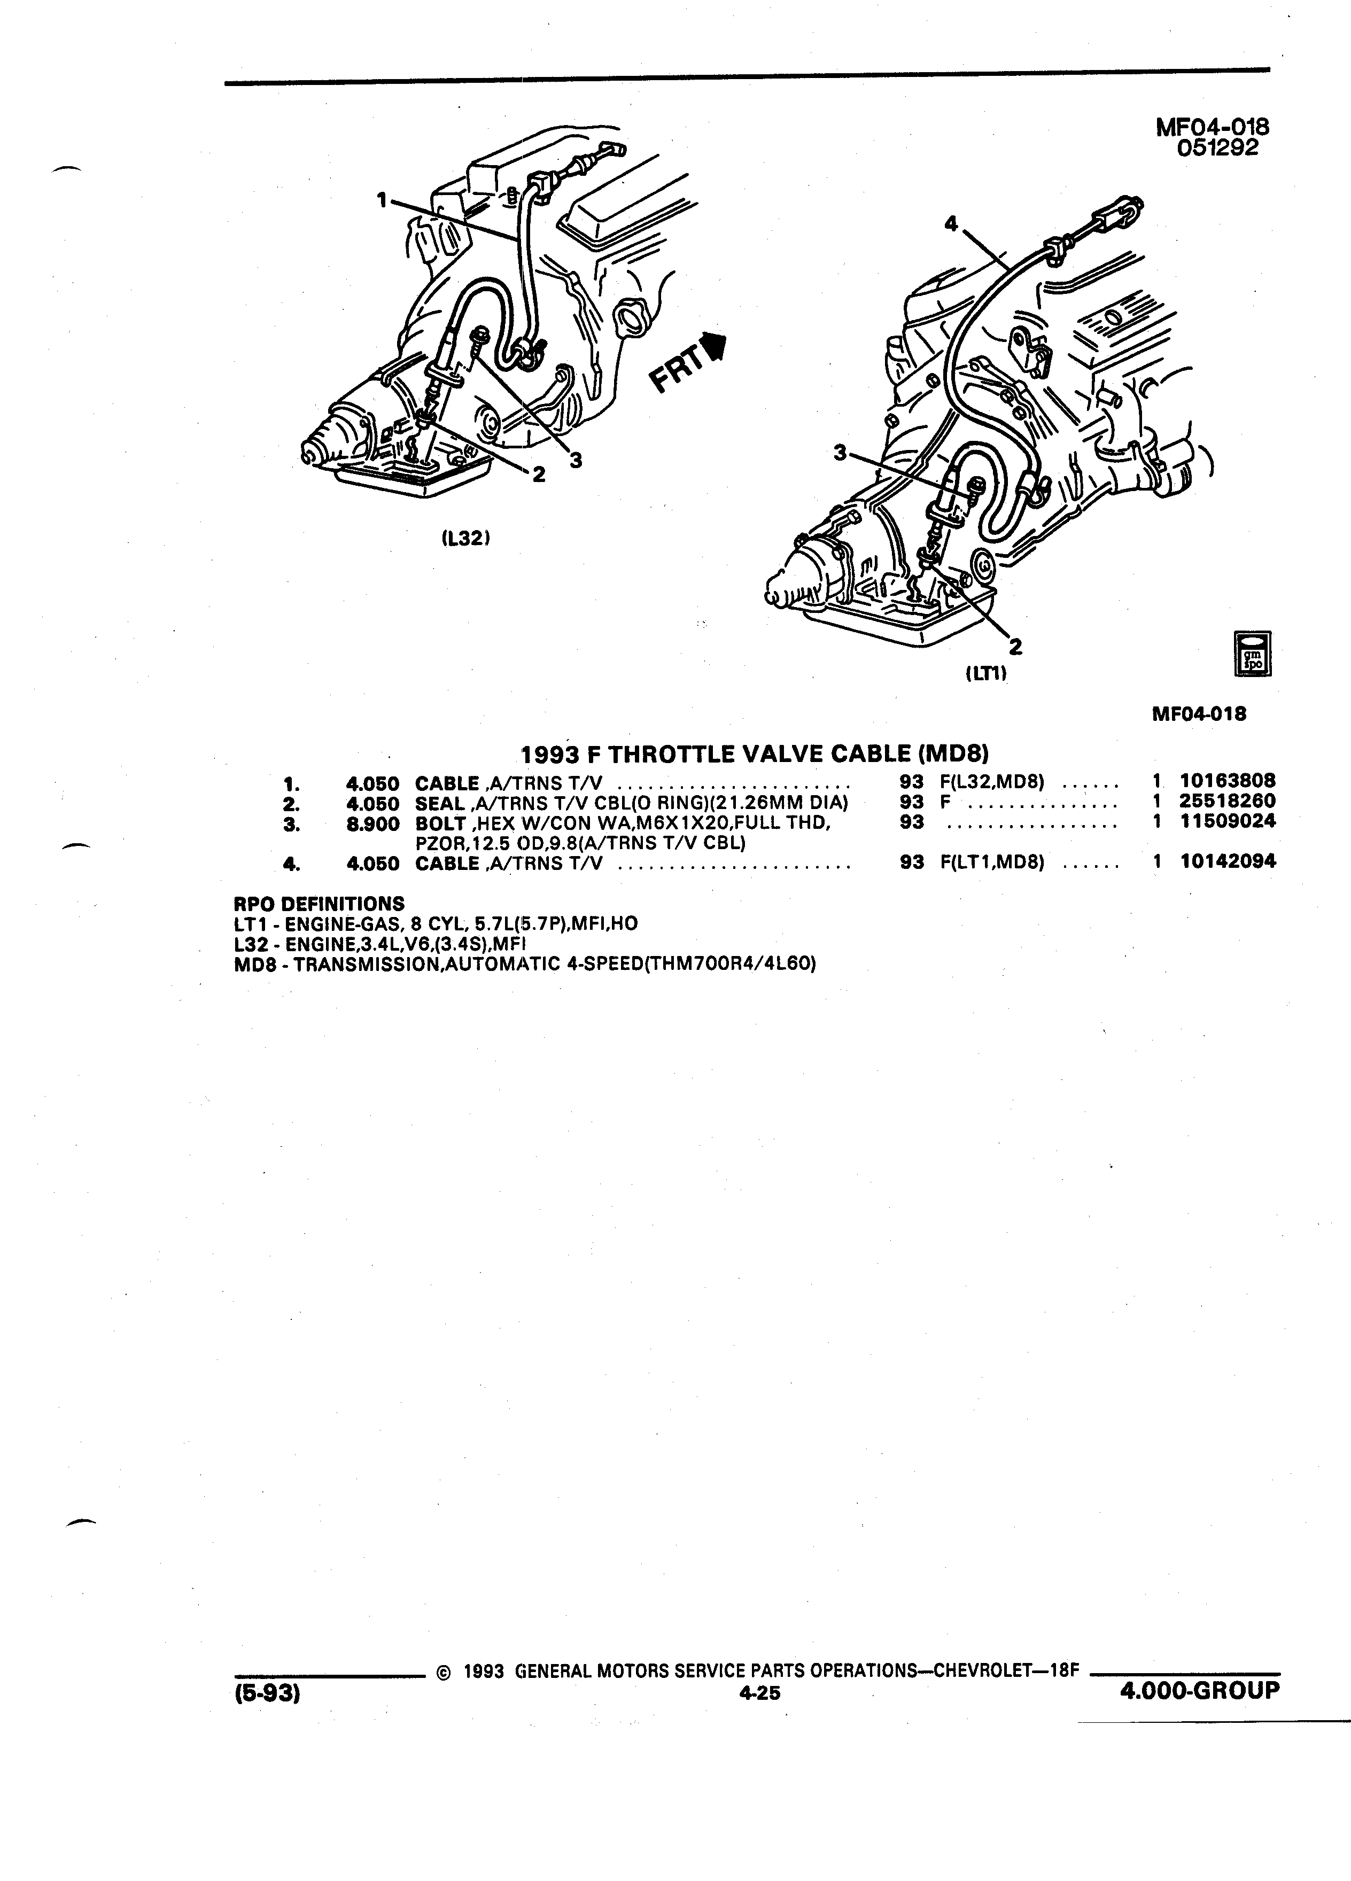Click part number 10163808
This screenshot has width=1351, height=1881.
1228,781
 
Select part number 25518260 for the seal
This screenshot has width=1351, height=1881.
1228,801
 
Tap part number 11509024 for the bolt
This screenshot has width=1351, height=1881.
1228,821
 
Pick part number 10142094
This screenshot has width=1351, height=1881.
1228,862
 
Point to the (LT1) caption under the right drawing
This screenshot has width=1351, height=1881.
985,674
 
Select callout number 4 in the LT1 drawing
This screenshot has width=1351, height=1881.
950,223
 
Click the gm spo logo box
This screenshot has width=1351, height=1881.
1252,654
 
